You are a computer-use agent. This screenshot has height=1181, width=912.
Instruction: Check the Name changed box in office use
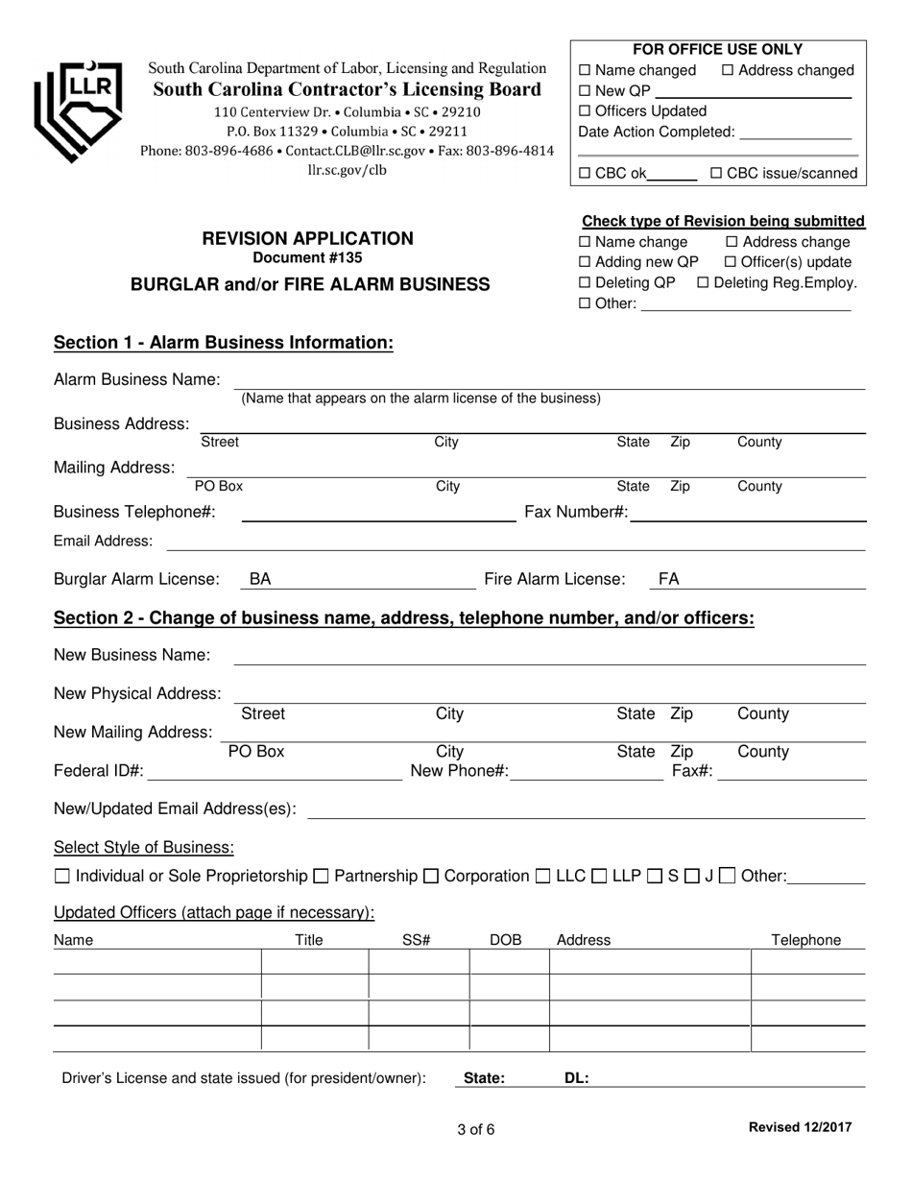coord(586,71)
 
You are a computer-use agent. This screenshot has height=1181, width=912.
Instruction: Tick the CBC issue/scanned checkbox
coord(715,174)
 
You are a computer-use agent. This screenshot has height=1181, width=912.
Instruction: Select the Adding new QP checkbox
coord(586,262)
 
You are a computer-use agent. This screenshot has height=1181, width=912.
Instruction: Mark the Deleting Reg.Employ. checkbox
coord(703,282)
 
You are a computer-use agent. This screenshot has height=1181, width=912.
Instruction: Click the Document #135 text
coord(307,257)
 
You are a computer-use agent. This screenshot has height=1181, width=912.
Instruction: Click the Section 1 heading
coord(224,343)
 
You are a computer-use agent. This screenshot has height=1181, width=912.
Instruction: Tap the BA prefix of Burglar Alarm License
coord(260,579)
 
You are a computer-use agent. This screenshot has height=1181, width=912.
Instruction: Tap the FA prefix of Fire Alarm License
coord(668,579)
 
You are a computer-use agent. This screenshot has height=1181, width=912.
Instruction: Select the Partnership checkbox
coord(322,876)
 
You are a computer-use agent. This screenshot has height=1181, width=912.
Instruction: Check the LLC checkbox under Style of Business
coord(542,876)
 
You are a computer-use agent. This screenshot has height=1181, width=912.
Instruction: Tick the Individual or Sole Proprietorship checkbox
coord(62,876)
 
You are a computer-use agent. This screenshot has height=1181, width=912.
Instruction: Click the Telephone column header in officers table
coord(806,940)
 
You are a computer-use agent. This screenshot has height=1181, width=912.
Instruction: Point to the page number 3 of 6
coord(476,1129)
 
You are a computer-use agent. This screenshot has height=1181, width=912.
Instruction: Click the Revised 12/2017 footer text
coord(799,1127)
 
